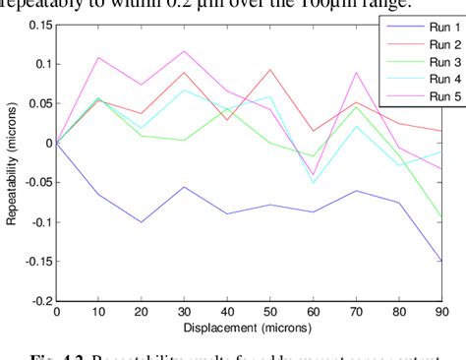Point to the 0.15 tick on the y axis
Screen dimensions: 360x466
point(39,24)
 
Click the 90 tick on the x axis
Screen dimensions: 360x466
point(441,312)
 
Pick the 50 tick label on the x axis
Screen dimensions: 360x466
point(270,312)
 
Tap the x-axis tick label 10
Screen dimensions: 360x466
point(99,312)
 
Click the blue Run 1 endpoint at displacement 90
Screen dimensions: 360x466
point(441,262)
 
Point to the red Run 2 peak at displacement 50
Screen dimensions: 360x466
point(270,70)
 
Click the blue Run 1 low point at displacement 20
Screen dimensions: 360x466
point(142,222)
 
